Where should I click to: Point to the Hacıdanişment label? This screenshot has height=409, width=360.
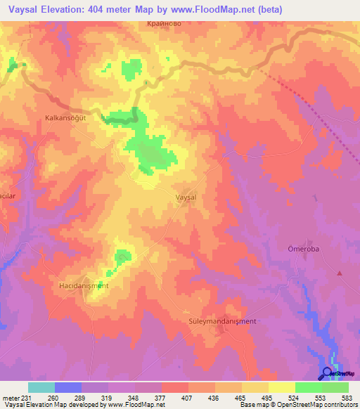83,286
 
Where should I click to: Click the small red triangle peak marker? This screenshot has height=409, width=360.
341,272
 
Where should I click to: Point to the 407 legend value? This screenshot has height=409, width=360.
188,398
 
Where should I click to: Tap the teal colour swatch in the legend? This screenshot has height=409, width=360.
41,387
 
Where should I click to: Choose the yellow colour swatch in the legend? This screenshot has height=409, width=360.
281,387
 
